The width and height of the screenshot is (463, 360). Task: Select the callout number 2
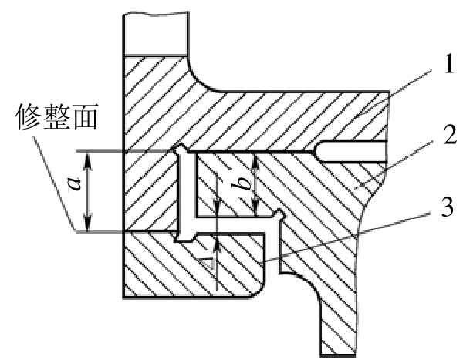(x=451, y=134)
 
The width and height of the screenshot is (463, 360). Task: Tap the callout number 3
(x=448, y=207)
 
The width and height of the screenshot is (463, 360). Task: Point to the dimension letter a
(x=74, y=184)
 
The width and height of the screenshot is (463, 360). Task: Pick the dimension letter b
(x=242, y=185)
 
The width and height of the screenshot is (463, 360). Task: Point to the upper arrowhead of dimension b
(x=255, y=163)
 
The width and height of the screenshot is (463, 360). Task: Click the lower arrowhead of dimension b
(x=255, y=207)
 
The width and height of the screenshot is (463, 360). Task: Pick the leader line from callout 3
(x=347, y=237)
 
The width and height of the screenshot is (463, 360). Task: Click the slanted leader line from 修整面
(x=54, y=184)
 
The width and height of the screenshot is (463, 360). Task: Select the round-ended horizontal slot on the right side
(x=350, y=151)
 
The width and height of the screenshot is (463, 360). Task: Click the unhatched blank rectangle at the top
(x=156, y=33)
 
